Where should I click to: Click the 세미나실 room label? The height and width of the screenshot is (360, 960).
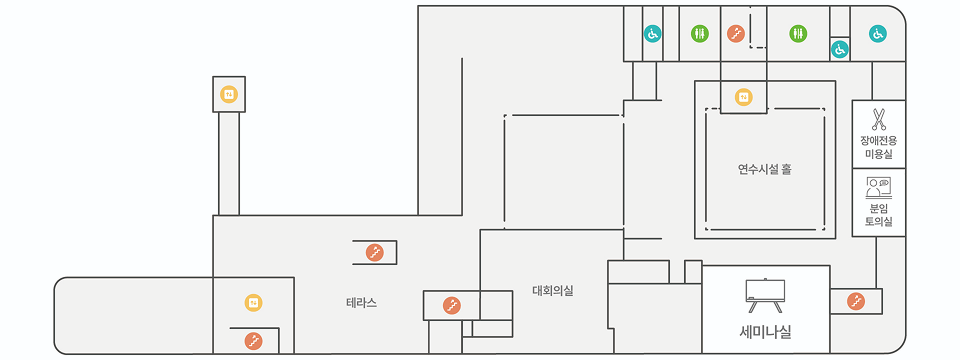[x=765, y=329]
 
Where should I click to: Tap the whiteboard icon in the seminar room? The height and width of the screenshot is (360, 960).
[x=765, y=291]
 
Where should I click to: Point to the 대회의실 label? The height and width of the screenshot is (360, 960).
[x=553, y=291]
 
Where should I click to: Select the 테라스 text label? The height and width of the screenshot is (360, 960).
[x=362, y=302]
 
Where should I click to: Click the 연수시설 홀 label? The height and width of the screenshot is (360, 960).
[x=765, y=169]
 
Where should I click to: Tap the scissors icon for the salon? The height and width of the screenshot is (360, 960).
[x=879, y=120]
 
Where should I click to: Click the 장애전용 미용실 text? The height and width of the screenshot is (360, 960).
[x=879, y=148]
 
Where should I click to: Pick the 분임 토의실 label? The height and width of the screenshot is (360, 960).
[x=879, y=214]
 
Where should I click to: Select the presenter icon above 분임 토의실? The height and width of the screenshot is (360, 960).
[x=879, y=186]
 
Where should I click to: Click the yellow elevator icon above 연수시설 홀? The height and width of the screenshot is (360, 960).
[x=743, y=97]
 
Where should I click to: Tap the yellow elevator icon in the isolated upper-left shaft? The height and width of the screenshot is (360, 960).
[x=228, y=95]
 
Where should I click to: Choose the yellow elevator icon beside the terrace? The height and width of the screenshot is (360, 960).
[x=254, y=302]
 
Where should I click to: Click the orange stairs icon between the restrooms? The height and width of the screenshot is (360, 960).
[x=736, y=34]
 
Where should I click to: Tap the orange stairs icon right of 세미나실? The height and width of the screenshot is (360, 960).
[x=856, y=300]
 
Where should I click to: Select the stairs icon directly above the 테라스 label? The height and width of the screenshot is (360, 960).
[x=375, y=253]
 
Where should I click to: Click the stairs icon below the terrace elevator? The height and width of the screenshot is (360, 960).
[x=254, y=342]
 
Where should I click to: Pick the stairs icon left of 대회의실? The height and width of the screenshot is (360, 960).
[x=451, y=305]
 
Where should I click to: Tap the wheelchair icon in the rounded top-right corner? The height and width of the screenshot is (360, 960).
[x=877, y=34]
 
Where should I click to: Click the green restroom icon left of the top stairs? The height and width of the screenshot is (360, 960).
[x=700, y=34]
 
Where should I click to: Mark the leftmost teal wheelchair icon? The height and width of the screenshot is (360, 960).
[x=652, y=34]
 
